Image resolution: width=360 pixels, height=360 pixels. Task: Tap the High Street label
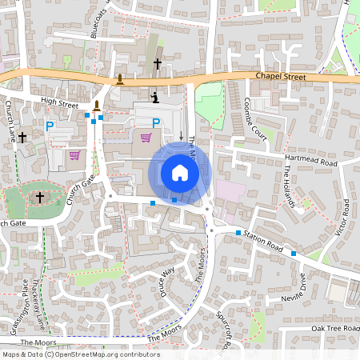coord(59,103)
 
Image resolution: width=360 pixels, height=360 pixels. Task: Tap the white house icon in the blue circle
coord(180,172)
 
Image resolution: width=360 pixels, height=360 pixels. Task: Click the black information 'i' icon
coord(155,98)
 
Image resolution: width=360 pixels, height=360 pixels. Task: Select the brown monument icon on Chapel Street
coord(120,78)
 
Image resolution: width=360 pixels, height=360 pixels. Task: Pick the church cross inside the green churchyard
coord(39,197)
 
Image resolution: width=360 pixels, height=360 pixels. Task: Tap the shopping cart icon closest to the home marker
coord(146,137)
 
